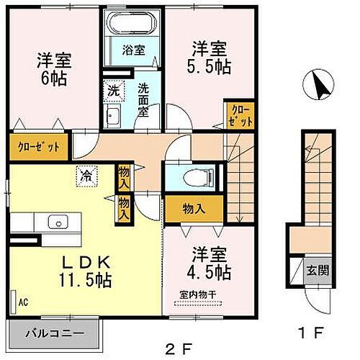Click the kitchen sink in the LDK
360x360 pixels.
[x=56, y=222]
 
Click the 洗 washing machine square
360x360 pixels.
[x=113, y=91]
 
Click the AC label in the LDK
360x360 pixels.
[x=22, y=302]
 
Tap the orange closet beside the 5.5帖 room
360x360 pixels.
[x=238, y=115]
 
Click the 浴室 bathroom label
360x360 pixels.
[x=135, y=50]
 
